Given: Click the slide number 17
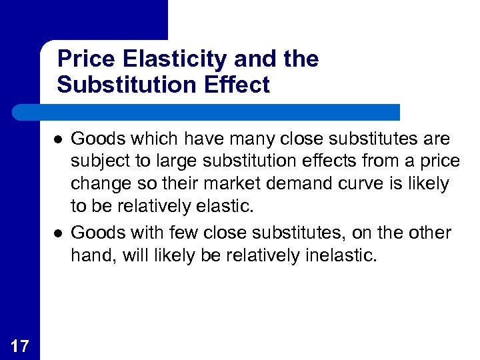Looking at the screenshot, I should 20,345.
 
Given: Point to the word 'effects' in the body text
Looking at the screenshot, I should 323,162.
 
